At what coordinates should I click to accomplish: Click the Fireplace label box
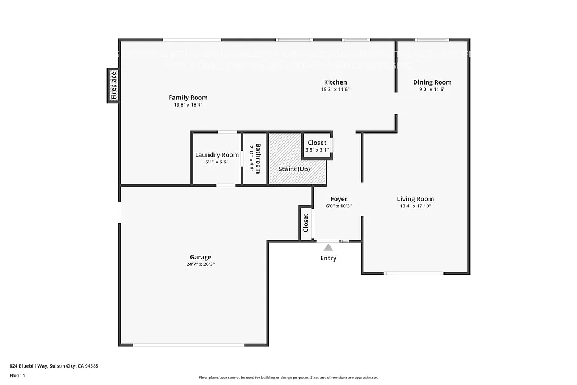[113, 86]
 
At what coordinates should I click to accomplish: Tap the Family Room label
[188, 98]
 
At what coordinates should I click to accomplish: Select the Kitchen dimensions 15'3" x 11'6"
[335, 90]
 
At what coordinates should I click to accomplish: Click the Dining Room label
[432, 82]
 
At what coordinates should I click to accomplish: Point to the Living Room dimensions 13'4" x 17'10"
[415, 206]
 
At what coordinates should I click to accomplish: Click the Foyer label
[339, 199]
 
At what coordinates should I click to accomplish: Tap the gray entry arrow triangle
[328, 247]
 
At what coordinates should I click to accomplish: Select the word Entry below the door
[328, 258]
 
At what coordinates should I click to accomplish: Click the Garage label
[201, 257]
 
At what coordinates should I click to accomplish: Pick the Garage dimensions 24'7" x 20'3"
[201, 264]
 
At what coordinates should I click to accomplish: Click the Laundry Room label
[217, 155]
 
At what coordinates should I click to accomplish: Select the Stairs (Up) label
[294, 169]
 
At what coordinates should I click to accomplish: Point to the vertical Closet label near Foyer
[306, 223]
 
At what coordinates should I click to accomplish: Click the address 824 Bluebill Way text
[54, 366]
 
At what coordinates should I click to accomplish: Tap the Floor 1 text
[18, 375]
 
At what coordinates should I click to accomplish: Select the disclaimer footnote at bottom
[288, 378]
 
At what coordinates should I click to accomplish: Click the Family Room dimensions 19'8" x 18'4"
[188, 105]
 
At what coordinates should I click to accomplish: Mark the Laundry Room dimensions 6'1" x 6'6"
[217, 162]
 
